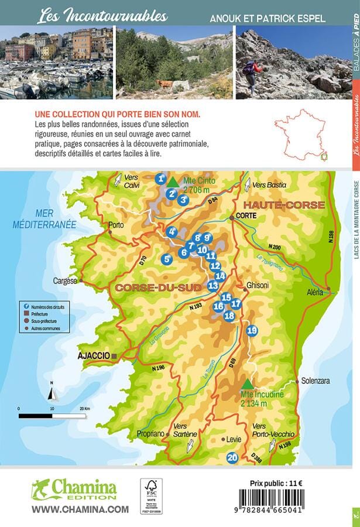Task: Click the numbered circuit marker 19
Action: point(252,330)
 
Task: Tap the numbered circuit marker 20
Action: point(232,458)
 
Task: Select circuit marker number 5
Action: point(167,259)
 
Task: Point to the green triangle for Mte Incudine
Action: point(248,384)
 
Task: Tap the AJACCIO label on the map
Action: point(94,355)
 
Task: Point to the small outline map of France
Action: point(300,135)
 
